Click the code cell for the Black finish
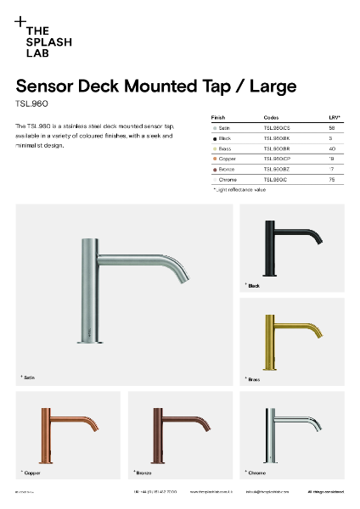tap(277, 137)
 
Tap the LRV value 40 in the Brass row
tap(331, 148)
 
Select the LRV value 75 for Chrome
tap(331, 180)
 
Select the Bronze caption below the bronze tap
tap(142, 472)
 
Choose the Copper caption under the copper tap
tap(31, 472)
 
